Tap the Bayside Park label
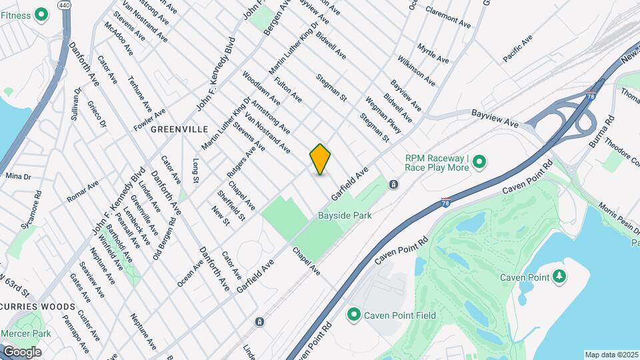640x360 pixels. pyautogui.click(x=345, y=215)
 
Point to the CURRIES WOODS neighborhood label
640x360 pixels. pyautogui.click(x=37, y=306)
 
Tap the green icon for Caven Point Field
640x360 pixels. pyautogui.click(x=353, y=315)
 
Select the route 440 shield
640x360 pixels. pyautogui.click(x=64, y=5)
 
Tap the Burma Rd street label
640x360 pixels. pyautogui.click(x=601, y=133)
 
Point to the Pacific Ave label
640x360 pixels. pyautogui.click(x=518, y=49)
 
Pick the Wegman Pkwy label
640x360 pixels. pyautogui.click(x=383, y=115)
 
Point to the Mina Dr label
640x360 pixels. pyautogui.click(x=18, y=177)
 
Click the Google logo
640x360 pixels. pyautogui.click(x=22, y=351)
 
